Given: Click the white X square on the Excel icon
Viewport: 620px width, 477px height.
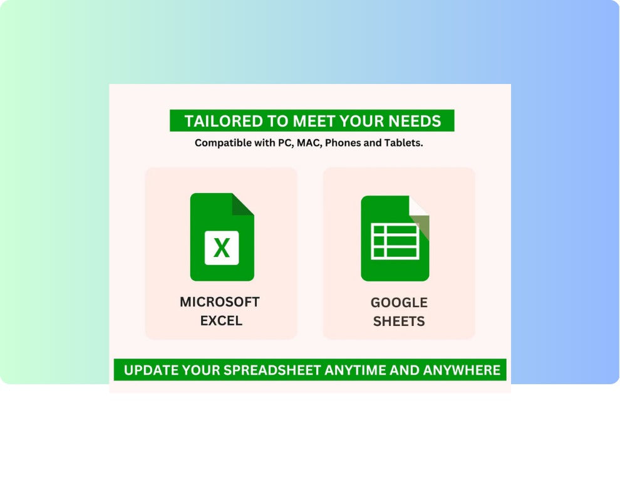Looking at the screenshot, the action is (x=222, y=248).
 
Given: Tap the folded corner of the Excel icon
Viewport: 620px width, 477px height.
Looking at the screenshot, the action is (x=243, y=204).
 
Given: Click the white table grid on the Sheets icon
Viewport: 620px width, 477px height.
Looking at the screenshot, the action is (x=395, y=241).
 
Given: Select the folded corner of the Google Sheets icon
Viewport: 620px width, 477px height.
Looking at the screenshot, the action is (x=419, y=218).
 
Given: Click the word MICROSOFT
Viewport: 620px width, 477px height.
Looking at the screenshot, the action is (x=220, y=302).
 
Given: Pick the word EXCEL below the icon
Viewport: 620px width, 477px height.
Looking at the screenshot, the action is (x=221, y=321).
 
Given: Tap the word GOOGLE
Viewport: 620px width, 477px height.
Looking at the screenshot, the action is (x=399, y=303).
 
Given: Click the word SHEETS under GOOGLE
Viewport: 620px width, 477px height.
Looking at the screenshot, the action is (x=399, y=322).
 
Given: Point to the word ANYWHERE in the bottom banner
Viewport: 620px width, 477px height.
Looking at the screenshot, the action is (x=462, y=370).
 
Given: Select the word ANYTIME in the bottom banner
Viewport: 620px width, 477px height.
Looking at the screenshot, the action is (x=355, y=370).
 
